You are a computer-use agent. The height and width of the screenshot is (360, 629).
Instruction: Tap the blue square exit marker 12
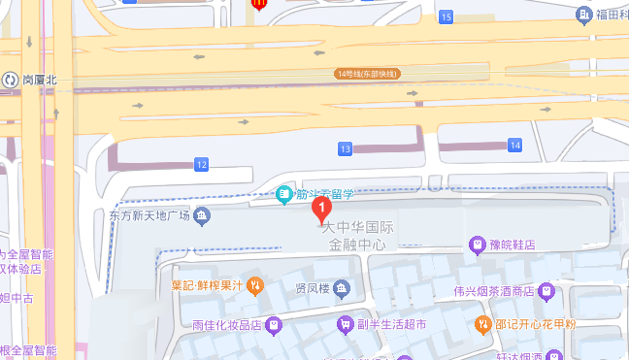201,165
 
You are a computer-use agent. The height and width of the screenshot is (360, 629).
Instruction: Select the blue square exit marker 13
345,148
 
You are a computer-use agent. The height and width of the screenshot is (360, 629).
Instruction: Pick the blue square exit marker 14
514,146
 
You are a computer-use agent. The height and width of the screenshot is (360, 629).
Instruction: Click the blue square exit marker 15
446,17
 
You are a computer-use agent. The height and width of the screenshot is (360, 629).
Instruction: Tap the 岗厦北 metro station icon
10,80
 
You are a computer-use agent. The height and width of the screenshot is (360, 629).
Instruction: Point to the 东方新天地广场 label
148,214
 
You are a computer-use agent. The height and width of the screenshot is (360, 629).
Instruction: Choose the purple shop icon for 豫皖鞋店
477,245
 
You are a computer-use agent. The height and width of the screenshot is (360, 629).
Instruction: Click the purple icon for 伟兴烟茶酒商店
546,290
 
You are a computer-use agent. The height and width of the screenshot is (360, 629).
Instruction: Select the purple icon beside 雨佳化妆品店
275,324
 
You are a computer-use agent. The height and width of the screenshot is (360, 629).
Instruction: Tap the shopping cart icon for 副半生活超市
344,324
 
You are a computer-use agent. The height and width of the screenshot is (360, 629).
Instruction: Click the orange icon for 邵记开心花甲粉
482,324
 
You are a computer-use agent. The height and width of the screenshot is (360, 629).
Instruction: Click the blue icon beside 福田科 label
583,15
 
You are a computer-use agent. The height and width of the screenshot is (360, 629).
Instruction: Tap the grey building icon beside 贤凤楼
344,289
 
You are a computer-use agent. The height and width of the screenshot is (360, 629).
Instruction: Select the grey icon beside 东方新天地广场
202,214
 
